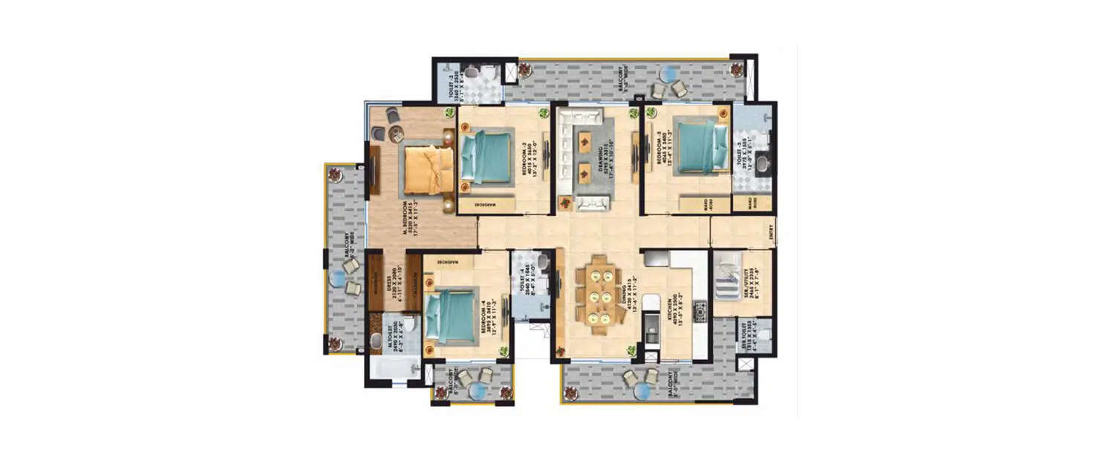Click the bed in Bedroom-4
451,318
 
